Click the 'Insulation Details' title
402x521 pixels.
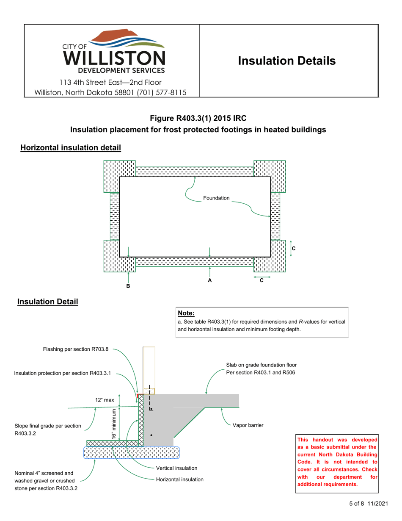[287, 61]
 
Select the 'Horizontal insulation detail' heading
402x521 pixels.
[71, 148]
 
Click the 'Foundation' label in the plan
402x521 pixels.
[216, 198]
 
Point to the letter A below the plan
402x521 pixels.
[209, 280]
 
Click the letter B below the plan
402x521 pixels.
[128, 287]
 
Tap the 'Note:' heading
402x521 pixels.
[186, 313]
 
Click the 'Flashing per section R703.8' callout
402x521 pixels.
[76, 349]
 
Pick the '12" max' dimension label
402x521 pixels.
[104, 400]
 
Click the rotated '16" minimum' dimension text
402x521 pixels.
[113, 424]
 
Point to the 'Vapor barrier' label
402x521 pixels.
[248, 425]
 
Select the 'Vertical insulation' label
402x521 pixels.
[176, 468]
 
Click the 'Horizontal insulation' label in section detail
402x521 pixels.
[180, 479]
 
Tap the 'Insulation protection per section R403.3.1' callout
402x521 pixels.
[63, 374]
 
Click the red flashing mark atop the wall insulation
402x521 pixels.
[138, 395]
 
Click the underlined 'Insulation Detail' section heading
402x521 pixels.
[47, 302]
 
